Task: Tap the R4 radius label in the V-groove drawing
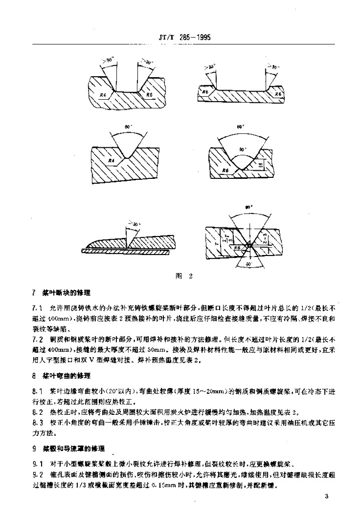[x=112, y=160]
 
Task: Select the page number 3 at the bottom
[x=326, y=496]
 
